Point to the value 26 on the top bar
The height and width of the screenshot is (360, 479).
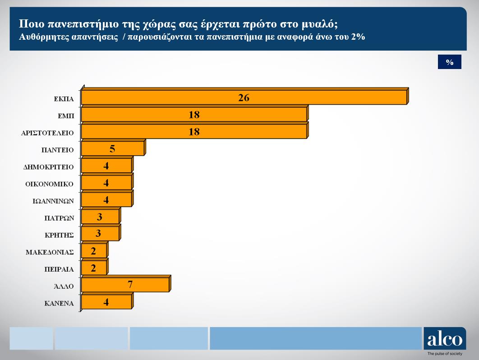pyautogui.click(x=244, y=98)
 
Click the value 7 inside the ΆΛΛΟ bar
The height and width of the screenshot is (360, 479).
pyautogui.click(x=130, y=285)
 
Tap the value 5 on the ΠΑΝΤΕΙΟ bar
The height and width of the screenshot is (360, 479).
pyautogui.click(x=112, y=149)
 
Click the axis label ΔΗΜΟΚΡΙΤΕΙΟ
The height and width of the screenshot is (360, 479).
pyautogui.click(x=48, y=167)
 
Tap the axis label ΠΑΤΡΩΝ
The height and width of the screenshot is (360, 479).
pyautogui.click(x=59, y=218)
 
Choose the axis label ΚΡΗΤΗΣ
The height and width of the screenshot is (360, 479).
pyautogui.click(x=59, y=235)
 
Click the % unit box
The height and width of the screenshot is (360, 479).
pyautogui.click(x=449, y=62)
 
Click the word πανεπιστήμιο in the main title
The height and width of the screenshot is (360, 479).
pyautogui.click(x=74, y=24)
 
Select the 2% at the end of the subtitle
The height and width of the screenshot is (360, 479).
pyautogui.click(x=358, y=37)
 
